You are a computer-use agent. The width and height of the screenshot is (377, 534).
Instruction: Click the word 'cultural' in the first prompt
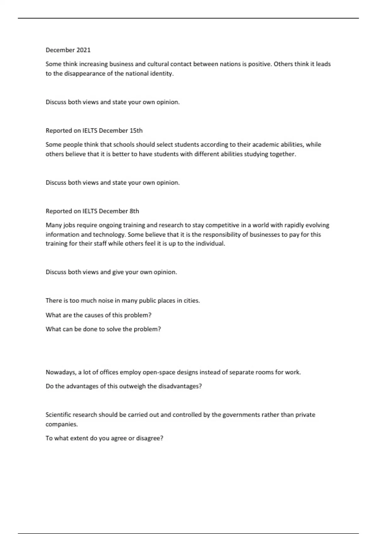coord(158,64)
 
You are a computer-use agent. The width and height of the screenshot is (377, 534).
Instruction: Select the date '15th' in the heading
coord(136,130)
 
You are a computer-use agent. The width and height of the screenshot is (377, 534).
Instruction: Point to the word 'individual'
coord(210,243)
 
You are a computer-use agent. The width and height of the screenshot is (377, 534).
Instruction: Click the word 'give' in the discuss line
coord(118,272)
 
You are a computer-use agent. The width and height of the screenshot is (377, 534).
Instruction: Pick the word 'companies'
coord(61,424)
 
